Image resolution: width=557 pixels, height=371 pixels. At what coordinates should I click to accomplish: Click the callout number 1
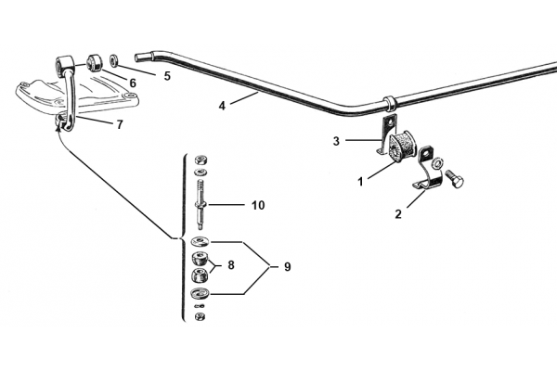(x=360, y=182)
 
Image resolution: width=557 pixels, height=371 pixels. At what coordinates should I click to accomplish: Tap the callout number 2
(x=398, y=214)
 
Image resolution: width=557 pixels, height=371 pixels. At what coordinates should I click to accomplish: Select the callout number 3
(x=336, y=141)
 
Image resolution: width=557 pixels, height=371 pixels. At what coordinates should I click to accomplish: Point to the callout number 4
(x=222, y=106)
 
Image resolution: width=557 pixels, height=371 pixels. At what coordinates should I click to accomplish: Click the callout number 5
(x=167, y=76)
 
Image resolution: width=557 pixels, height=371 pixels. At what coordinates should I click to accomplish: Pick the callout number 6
(x=133, y=83)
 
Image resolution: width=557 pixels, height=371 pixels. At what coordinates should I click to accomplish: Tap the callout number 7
(x=120, y=124)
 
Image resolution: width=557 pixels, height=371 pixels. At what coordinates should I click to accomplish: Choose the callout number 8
(x=231, y=265)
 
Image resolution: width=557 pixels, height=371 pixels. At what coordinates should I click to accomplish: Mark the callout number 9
(x=288, y=266)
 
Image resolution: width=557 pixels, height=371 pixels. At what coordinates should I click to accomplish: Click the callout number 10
(x=258, y=205)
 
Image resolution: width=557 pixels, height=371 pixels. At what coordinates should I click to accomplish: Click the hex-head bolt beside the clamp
(x=454, y=179)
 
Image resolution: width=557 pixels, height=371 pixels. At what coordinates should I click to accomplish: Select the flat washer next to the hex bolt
(x=437, y=163)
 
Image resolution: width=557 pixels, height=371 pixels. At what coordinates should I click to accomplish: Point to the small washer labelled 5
(x=114, y=59)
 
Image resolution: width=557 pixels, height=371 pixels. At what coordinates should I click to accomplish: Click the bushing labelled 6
(x=96, y=62)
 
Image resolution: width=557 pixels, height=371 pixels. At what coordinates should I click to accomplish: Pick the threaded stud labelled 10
(x=201, y=205)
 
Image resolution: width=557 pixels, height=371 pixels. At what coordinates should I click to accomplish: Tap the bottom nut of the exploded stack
(x=200, y=316)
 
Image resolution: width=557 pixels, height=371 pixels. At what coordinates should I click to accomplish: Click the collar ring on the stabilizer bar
(x=389, y=103)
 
